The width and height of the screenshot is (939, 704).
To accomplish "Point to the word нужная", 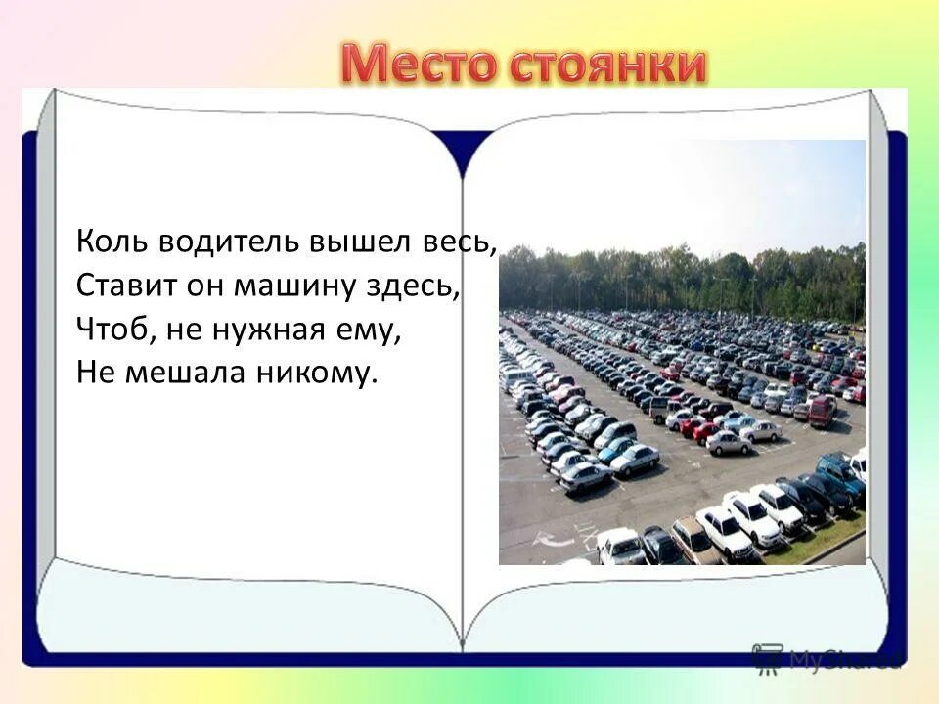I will click(x=266, y=330).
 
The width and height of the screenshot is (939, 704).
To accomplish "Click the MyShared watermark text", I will click(x=846, y=657).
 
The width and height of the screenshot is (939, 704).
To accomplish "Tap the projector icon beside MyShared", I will click(x=769, y=657).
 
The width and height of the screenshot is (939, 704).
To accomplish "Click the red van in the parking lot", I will click(x=822, y=412).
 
